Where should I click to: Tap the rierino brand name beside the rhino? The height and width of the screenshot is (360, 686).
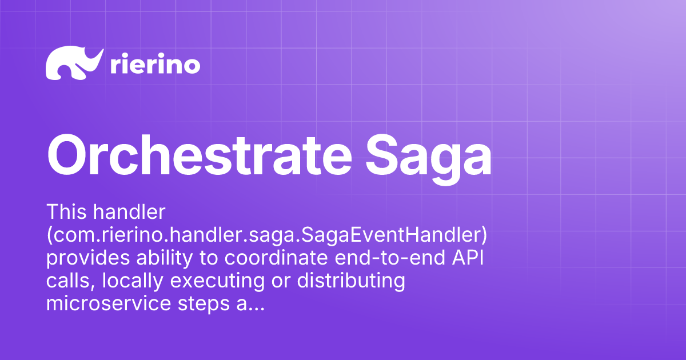154,65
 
